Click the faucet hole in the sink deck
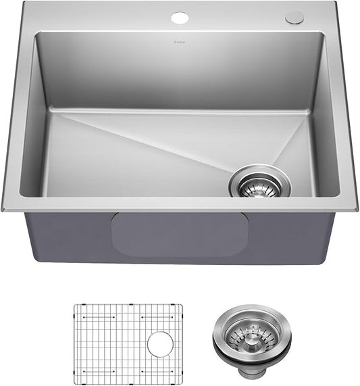180,17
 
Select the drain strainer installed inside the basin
259,181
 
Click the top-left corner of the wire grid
74,306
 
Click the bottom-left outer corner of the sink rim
3,210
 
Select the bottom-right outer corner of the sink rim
357,210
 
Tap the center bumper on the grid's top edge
128,305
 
